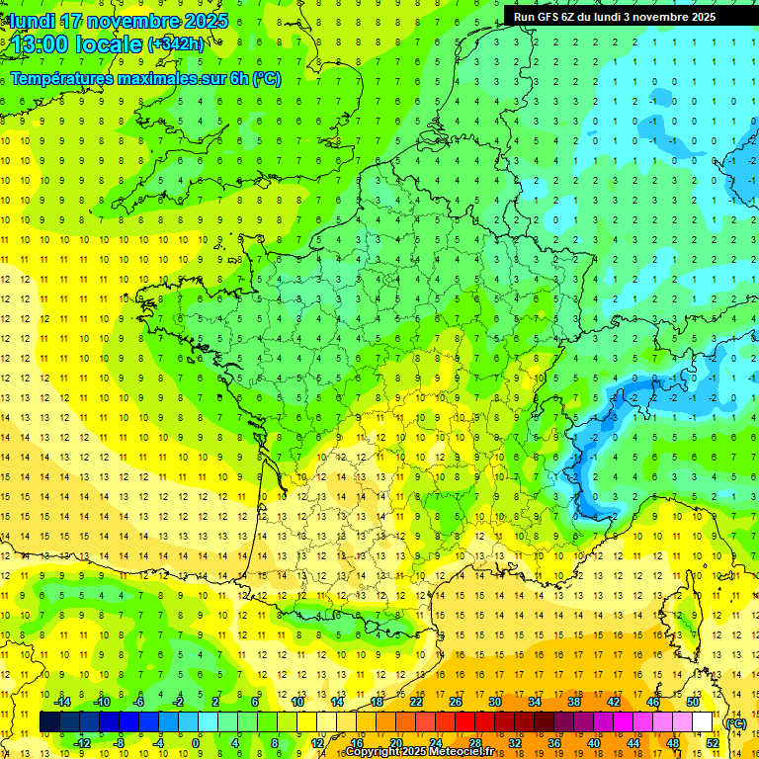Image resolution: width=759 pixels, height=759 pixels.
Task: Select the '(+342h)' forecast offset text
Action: pos(176,44)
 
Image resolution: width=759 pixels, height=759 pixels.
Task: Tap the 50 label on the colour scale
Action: pos(692,701)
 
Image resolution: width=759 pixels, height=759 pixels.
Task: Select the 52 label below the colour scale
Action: pos(712,742)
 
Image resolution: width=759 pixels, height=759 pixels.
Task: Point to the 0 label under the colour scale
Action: pos(196,742)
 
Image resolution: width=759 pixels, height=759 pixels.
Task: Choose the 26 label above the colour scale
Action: pos(456,701)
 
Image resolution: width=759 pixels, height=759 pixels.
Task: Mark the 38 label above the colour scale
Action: pos(573,701)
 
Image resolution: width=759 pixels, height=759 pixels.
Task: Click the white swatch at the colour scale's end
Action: pos(702,721)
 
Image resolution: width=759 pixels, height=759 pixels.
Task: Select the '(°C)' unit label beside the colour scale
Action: pos(735,722)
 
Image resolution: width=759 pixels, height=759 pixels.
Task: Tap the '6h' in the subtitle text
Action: pos(238,79)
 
